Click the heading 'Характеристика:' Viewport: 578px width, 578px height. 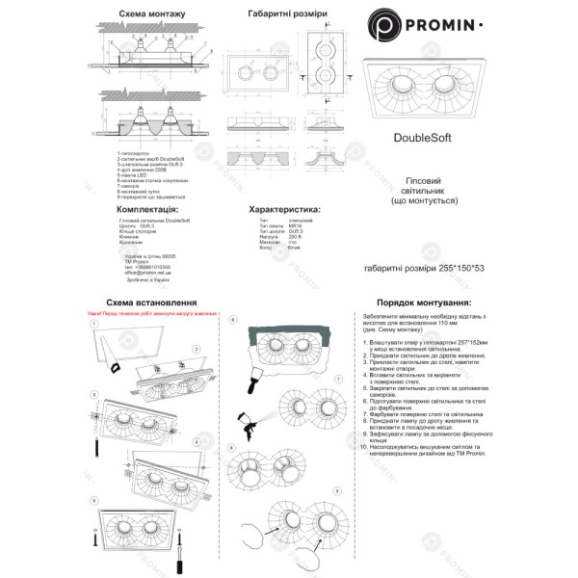[283, 208]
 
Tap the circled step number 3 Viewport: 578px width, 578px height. [94, 394]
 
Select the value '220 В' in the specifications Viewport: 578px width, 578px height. [295, 237]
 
